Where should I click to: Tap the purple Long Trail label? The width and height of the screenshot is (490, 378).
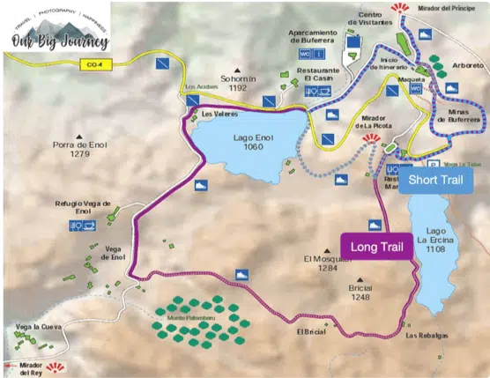[376, 248]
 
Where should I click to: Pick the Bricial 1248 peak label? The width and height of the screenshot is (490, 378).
[360, 292]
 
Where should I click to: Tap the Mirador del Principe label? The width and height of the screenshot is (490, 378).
[444, 7]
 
